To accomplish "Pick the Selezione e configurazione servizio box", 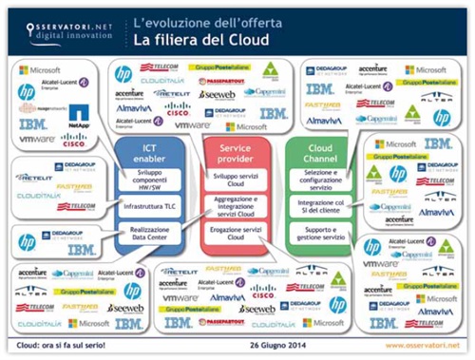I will (x=325, y=180).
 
